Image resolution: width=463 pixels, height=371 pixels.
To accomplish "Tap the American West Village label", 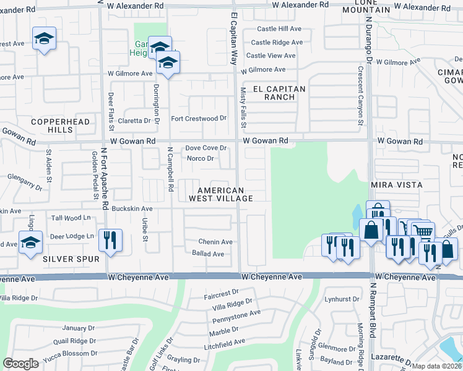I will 225,194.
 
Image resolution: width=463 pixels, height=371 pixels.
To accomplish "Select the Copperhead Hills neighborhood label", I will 52,126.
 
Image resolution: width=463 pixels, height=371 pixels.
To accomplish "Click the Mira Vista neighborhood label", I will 396,185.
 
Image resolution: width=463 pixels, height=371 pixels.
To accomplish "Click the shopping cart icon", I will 423,232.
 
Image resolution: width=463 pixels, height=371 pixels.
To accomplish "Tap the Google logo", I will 21,364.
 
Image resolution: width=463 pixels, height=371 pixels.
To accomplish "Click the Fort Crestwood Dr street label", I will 199,118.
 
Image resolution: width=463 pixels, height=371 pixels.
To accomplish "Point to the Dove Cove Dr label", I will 207,148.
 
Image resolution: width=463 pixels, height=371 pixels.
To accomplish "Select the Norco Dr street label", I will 201,158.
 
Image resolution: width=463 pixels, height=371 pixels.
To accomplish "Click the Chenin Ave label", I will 215,242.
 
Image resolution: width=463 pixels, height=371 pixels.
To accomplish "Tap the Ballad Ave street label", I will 208,254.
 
